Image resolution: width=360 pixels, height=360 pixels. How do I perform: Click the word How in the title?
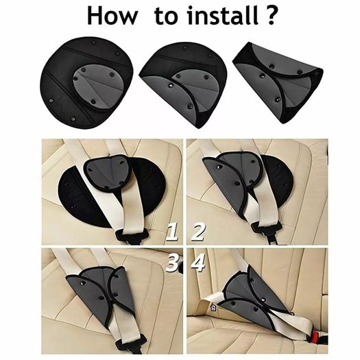[x=112, y=16]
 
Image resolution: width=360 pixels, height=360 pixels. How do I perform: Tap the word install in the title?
[x=223, y=15]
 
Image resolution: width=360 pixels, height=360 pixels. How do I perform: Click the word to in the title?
[x=166, y=16]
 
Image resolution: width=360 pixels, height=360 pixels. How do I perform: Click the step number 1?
[x=172, y=232]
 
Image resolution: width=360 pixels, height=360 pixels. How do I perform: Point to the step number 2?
[x=198, y=232]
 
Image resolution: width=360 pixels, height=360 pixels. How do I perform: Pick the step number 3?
[x=172, y=263]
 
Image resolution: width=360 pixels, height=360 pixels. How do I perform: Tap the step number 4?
[x=198, y=263]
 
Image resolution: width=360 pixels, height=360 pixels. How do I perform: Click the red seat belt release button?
[x=316, y=337]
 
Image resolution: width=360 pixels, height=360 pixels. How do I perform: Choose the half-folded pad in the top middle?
[x=183, y=85]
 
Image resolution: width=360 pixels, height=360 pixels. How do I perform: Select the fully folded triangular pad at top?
[x=278, y=83]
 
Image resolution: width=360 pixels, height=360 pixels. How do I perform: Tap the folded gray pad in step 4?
[x=252, y=298]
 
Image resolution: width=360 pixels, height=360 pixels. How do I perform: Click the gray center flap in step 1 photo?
[x=108, y=172]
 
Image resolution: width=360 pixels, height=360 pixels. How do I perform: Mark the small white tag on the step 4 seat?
[x=213, y=308]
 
